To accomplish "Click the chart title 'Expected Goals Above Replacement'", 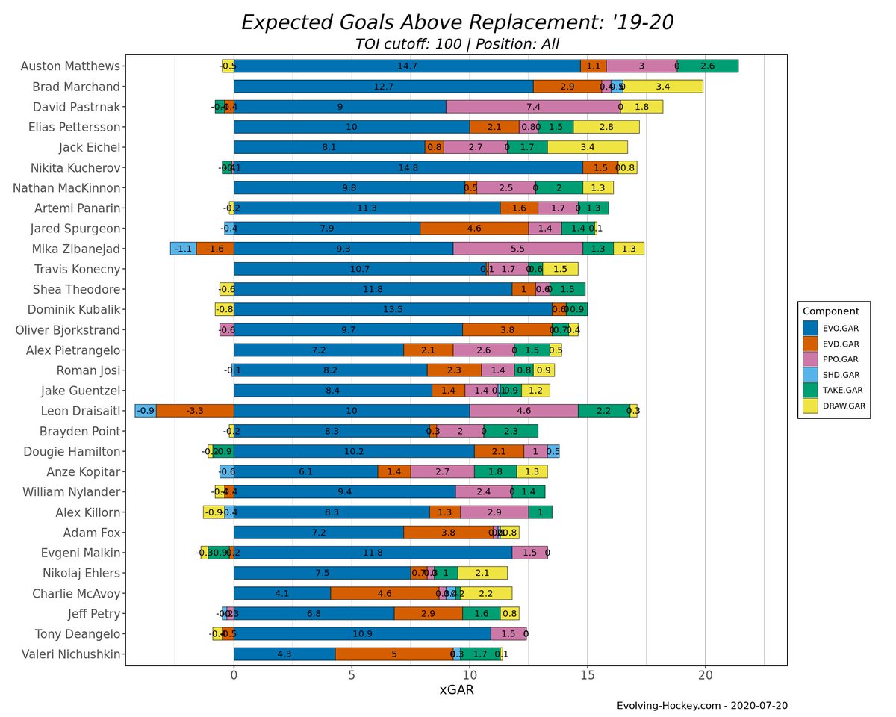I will pos(457,22).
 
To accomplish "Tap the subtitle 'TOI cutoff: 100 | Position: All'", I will pos(457,44).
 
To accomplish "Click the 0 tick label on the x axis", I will pos(234,676).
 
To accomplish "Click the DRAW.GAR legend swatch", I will pos(811,406).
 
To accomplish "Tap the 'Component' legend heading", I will pos(830,311).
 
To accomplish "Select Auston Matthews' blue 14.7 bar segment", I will pos(407,66).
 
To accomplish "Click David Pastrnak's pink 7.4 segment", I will pos(533,106).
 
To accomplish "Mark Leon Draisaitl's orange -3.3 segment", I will pos(195,410).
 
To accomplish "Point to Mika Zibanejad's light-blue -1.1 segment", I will pos(183,249).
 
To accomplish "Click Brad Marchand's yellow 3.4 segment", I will pos(663,86).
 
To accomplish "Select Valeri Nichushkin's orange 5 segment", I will pos(393,654).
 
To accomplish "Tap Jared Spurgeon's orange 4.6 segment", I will pos(474,228).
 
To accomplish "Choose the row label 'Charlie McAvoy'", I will pos(76,594).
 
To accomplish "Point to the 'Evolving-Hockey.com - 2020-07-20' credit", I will pos(701,706).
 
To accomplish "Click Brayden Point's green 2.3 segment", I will pos(511,431).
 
